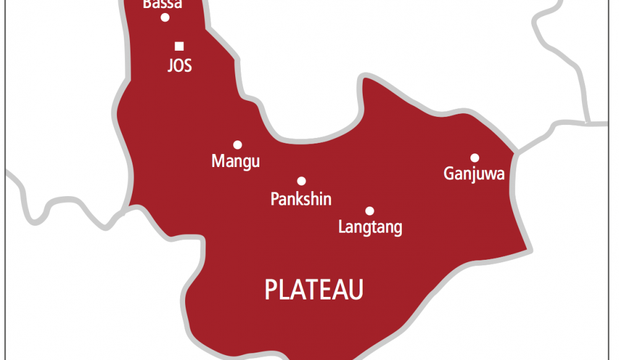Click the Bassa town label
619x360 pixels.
pyautogui.click(x=162, y=4)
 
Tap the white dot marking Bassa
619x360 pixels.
pyautogui.click(x=165, y=17)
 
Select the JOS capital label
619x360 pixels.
pyautogui.click(x=180, y=66)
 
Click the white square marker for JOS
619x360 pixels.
pyautogui.click(x=180, y=46)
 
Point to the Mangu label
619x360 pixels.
pyautogui.click(x=235, y=162)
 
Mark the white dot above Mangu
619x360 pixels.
pyautogui.click(x=237, y=145)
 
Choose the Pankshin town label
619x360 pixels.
pyautogui.click(x=301, y=199)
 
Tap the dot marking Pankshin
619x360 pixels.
pyautogui.click(x=301, y=181)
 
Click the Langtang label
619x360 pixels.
pyautogui.click(x=370, y=227)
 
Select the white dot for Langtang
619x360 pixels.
pyautogui.click(x=370, y=211)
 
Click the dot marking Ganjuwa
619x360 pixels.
pyautogui.click(x=475, y=158)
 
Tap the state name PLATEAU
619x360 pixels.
pyautogui.click(x=314, y=289)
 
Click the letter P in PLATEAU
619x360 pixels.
pyautogui.click(x=271, y=289)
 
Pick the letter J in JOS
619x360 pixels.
pyautogui.click(x=170, y=66)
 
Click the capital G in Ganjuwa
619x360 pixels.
pyautogui.click(x=449, y=174)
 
